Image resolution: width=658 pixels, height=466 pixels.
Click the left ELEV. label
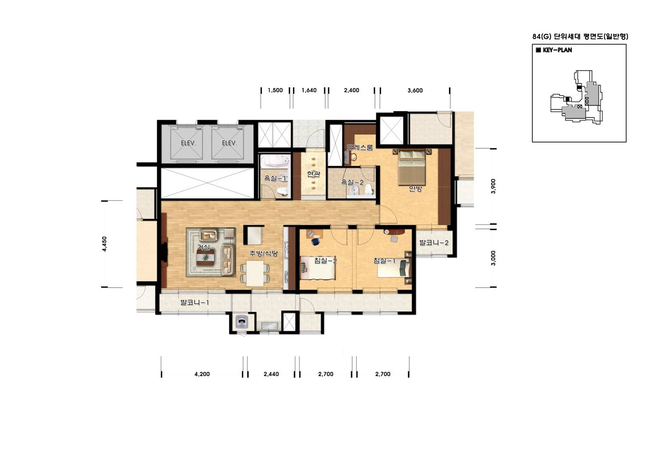pos(188,143)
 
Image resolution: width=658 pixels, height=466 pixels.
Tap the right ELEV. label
pos(230,143)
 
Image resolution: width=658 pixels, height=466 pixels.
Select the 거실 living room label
pos(203,247)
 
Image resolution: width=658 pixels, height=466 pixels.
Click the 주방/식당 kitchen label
pos(263,253)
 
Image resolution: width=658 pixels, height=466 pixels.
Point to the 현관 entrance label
pos(313,174)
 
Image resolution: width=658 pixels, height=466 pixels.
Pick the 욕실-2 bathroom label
pos(352,182)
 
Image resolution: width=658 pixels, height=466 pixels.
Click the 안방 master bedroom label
pos(415,189)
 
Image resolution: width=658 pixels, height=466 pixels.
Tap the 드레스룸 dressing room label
pos(360,147)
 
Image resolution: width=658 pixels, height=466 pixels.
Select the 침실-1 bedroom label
pos(385,260)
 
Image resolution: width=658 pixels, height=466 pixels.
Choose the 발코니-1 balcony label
pos(195,302)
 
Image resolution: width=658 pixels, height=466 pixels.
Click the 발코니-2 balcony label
pos(434,243)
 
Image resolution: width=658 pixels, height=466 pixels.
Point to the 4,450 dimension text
pos(105,244)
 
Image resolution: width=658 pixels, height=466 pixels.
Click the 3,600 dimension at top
pos(415,91)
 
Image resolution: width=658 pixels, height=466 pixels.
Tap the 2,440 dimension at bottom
pos(271,374)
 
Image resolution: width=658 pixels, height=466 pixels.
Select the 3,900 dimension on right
pos(493,186)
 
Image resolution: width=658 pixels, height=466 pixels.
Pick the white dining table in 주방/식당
pos(255,274)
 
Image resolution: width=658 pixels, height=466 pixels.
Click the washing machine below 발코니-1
pos(242,322)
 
